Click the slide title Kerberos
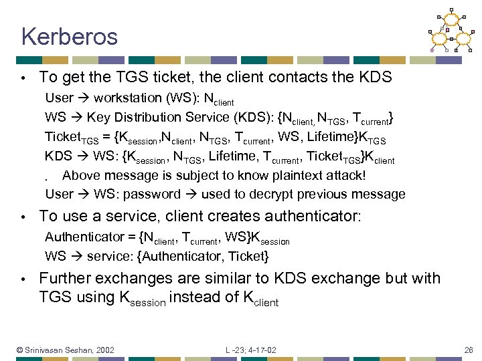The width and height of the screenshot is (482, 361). click(69, 36)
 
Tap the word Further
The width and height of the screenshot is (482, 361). click(65, 278)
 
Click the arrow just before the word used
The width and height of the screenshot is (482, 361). click(191, 194)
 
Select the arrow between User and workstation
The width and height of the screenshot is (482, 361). click(83, 98)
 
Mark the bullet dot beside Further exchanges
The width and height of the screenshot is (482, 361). click(23, 279)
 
